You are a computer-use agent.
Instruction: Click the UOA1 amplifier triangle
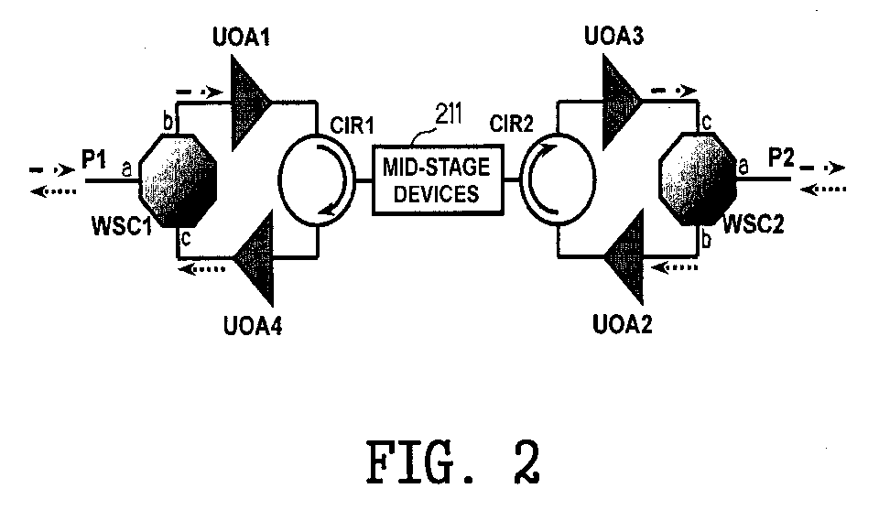[x=246, y=103]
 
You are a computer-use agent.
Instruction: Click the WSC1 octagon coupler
[x=178, y=180]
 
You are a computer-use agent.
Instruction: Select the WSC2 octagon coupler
[x=698, y=179]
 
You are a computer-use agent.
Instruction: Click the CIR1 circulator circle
[x=317, y=179]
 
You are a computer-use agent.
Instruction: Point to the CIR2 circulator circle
[x=558, y=179]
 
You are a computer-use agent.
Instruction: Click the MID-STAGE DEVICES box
[x=438, y=179]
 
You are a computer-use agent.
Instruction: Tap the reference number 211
[x=449, y=114]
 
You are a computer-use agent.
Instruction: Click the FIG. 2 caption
[x=453, y=462]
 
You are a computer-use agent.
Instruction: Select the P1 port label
[x=93, y=159]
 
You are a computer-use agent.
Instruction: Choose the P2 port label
[x=781, y=158]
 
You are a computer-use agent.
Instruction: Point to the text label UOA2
[x=623, y=324]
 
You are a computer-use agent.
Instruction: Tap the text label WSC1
[x=122, y=227]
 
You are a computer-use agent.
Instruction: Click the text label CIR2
[x=511, y=124]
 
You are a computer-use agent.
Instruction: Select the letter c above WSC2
[x=706, y=123]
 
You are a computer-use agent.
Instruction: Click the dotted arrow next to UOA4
[x=201, y=269]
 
